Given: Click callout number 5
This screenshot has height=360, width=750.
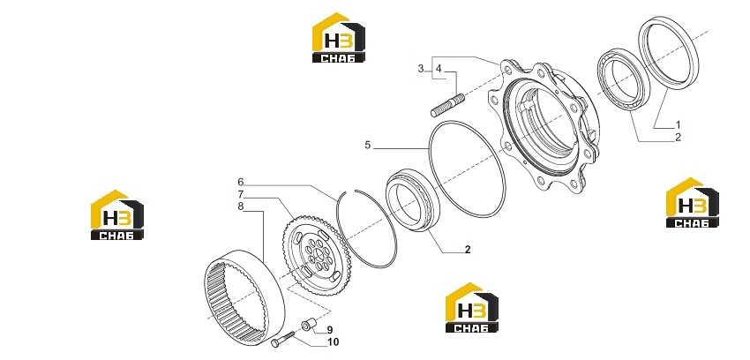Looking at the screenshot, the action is pyautogui.click(x=367, y=145).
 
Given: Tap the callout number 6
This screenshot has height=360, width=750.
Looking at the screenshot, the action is pyautogui.click(x=241, y=182).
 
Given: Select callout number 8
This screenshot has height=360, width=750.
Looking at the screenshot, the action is pyautogui.click(x=241, y=207).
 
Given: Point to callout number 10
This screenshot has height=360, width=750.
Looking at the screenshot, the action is pyautogui.click(x=334, y=341).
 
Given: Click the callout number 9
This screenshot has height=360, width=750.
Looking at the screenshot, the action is pyautogui.click(x=330, y=330).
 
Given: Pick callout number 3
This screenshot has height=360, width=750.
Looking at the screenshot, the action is pyautogui.click(x=420, y=69).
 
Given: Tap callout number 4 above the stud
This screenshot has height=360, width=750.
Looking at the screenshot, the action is pyautogui.click(x=439, y=69).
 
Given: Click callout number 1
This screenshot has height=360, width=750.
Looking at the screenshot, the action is pyautogui.click(x=678, y=124).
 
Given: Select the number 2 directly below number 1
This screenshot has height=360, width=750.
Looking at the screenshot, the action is pyautogui.click(x=678, y=138).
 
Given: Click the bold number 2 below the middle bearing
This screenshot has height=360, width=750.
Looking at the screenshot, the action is pyautogui.click(x=468, y=250).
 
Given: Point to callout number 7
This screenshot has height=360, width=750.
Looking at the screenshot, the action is pyautogui.click(x=241, y=195).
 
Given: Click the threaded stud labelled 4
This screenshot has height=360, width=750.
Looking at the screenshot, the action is pyautogui.click(x=447, y=106).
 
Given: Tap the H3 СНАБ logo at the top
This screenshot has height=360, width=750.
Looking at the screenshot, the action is pyautogui.click(x=339, y=38).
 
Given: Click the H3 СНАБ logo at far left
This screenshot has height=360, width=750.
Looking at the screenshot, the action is pyautogui.click(x=117, y=215).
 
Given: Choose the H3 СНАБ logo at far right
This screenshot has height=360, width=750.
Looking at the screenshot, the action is pyautogui.click(x=692, y=203).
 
